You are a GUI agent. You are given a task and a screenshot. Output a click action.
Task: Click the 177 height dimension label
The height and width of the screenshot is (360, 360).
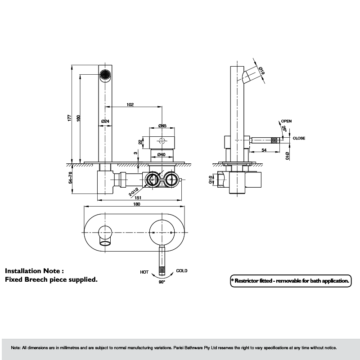[x=70, y=118]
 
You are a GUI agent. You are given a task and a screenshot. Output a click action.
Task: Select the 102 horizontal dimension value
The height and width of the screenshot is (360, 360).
[x=130, y=105]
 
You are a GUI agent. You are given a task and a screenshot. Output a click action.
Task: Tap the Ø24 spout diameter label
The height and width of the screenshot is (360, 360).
[x=105, y=121]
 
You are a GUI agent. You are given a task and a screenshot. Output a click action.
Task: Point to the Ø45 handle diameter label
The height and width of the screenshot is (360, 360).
[x=162, y=126]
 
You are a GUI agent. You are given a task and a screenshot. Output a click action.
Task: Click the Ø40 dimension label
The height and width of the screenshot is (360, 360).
[x=162, y=154]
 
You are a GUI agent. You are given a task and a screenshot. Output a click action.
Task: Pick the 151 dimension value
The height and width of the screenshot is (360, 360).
[x=138, y=198]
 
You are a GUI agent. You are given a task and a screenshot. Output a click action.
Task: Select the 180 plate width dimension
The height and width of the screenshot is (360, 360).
[x=137, y=204]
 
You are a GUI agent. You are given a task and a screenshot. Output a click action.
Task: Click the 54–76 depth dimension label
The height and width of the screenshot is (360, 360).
[x=70, y=177]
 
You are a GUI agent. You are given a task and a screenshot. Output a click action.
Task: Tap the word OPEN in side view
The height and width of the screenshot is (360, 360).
[x=286, y=121]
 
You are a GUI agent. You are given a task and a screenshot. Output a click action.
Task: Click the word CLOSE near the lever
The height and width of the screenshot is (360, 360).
[x=299, y=138]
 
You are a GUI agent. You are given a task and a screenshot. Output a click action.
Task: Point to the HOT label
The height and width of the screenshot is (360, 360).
[x=144, y=272]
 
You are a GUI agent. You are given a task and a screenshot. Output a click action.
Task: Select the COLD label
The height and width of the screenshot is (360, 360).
[x=182, y=271]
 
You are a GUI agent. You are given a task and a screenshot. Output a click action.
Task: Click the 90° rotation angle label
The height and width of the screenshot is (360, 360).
[x=162, y=282]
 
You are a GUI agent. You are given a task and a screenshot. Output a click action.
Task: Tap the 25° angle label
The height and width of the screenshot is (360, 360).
[x=284, y=129]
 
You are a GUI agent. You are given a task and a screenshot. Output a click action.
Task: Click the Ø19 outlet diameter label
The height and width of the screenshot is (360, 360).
[x=261, y=71]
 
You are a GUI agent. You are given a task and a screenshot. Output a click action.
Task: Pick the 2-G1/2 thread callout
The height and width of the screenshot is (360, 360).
[x=134, y=192]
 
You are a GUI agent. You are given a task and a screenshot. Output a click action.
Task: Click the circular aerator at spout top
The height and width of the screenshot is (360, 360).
[x=105, y=75]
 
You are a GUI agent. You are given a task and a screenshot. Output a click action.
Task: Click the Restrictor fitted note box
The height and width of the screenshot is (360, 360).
[x=291, y=281]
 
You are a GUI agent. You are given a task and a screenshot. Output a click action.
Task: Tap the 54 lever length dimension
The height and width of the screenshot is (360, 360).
[x=264, y=150]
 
